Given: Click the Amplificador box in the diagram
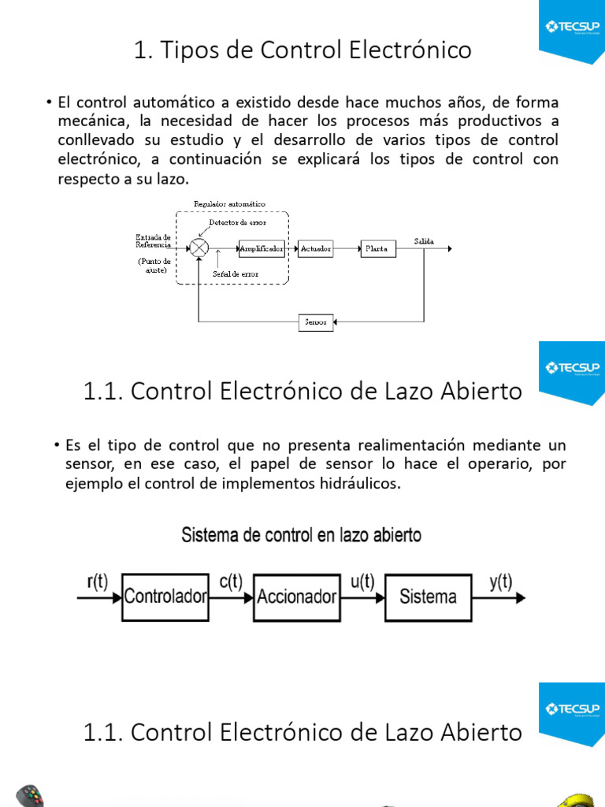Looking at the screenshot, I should [262, 249].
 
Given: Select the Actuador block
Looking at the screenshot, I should [316, 249].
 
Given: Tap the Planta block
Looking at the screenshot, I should [376, 249].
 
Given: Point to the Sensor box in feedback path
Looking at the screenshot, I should [316, 322].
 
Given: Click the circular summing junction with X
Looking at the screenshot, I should [200, 249].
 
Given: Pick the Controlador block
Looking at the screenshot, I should [165, 597].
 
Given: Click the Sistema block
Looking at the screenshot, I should [428, 597].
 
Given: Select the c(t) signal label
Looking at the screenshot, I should [230, 582].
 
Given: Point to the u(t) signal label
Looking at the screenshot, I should [362, 582].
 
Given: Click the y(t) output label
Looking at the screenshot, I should [500, 582].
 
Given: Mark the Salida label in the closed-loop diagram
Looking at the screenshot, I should [424, 241].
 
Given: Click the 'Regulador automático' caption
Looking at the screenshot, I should [229, 204].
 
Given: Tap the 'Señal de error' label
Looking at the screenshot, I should [236, 274].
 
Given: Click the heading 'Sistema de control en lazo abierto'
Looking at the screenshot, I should [302, 535].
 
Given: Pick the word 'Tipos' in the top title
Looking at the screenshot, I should [187, 50].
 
